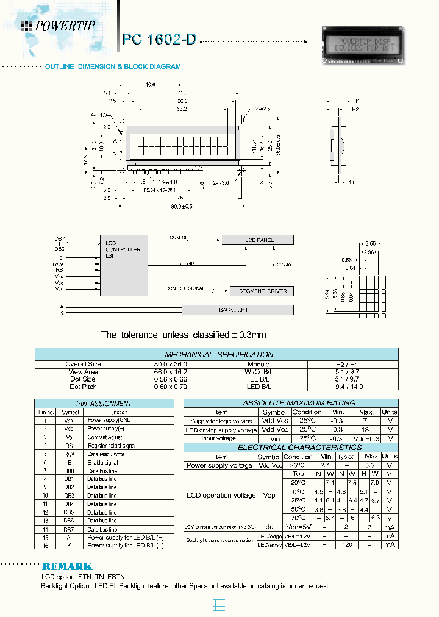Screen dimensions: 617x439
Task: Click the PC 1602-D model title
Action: pyautogui.click(x=160, y=40)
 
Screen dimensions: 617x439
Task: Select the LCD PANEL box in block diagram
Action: pyautogui.click(x=259, y=240)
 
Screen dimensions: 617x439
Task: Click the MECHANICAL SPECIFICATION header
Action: pyautogui.click(x=219, y=354)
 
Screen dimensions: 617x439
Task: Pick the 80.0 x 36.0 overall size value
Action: pyautogui.click(x=173, y=364)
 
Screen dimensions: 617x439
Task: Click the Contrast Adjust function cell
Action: pyautogui.click(x=105, y=437)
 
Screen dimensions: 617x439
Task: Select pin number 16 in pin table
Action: pyautogui.click(x=45, y=545)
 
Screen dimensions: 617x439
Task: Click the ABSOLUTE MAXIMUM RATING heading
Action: pyautogui.click(x=290, y=403)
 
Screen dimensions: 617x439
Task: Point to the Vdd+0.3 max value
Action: pyautogui.click(x=366, y=438)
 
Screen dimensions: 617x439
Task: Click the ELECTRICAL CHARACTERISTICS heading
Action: pyautogui.click(x=290, y=448)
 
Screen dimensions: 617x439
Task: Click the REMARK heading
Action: pyautogui.click(x=67, y=566)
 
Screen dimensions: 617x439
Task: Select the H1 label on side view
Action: pyautogui.click(x=357, y=101)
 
